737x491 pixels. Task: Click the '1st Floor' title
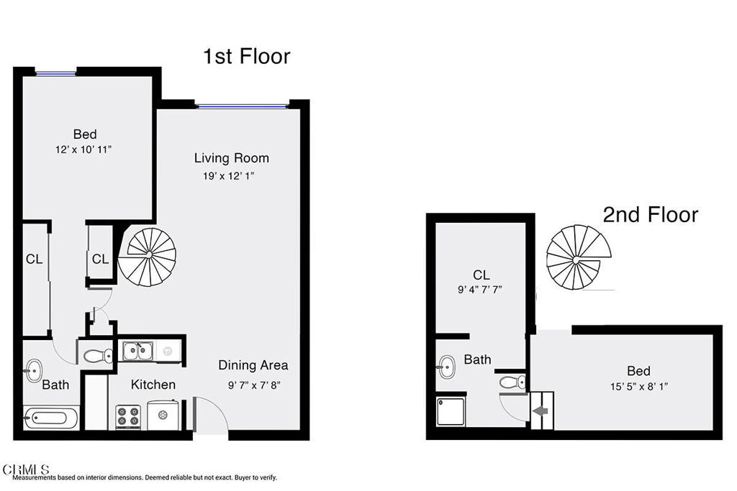coord(246,56)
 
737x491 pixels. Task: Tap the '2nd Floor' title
coord(651,214)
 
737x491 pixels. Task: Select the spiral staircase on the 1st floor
coord(147,257)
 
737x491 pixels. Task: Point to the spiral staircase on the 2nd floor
coord(579,257)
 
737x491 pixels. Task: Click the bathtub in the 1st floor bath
coord(51,418)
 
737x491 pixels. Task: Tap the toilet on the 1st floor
coord(98,356)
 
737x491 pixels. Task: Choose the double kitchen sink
coord(137,351)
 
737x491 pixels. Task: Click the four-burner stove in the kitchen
coord(128,416)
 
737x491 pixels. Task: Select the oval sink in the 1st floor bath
coord(33,370)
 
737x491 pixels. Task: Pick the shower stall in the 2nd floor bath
coord(451,411)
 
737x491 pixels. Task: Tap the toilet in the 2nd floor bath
coord(512,382)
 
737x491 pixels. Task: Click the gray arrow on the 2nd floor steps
coord(541,411)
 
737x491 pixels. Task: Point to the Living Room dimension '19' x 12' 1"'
coord(228,176)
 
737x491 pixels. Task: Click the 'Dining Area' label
coord(253,365)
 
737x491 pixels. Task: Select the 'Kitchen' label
coord(153,385)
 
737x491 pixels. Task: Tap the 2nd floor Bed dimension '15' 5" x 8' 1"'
coord(639,387)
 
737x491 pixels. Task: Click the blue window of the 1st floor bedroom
coord(56,73)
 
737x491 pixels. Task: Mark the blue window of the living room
coord(242,106)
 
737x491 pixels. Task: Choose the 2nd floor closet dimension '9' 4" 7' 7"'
coord(480,290)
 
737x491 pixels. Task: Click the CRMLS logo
coord(26,469)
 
